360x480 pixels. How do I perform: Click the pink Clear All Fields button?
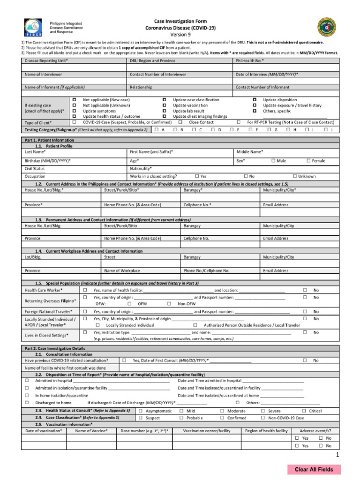(314, 469)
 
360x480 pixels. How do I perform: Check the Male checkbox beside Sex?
(273, 161)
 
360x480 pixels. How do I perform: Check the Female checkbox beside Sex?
(308, 161)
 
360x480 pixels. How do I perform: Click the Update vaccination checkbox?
(165, 105)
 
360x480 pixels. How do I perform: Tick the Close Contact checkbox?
(180, 122)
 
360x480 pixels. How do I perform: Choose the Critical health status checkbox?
(304, 411)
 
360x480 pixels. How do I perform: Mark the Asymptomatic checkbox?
(141, 411)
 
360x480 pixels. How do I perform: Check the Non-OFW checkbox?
(169, 304)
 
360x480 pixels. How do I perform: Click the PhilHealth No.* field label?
(249, 61)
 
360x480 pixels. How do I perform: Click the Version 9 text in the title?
(180, 35)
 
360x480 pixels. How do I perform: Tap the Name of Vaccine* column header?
(91, 431)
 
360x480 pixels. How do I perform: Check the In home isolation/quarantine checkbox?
(27, 396)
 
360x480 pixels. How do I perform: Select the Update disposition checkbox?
(255, 100)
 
